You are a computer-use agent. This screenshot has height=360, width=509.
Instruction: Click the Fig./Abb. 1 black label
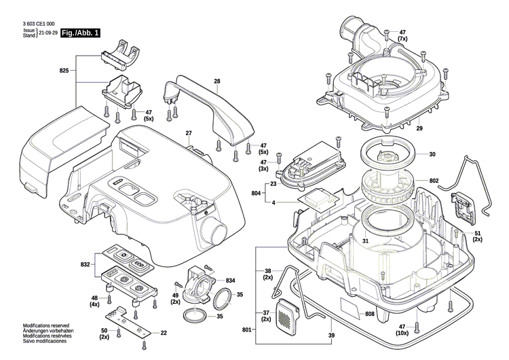pyautogui.click(x=79, y=33)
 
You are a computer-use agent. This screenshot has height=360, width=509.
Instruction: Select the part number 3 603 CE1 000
pyautogui.click(x=38, y=23)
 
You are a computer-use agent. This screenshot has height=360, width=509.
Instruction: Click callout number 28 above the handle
pyautogui.click(x=217, y=82)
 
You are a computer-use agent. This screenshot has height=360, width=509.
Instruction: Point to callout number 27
pyautogui.click(x=189, y=132)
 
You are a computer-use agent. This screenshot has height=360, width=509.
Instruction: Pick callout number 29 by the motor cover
pyautogui.click(x=419, y=128)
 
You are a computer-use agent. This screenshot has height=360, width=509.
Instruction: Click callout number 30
pyautogui.click(x=432, y=154)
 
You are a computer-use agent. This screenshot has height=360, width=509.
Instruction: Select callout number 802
pyautogui.click(x=434, y=181)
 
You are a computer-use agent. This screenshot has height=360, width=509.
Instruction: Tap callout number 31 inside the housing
pyautogui.click(x=365, y=241)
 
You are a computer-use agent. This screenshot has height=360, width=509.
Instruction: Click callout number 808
pyautogui.click(x=370, y=314)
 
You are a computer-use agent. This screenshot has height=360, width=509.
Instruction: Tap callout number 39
pyautogui.click(x=331, y=336)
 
